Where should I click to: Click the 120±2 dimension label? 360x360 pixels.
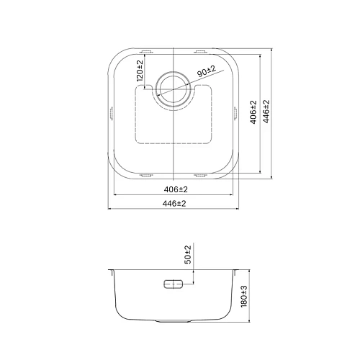[x=140, y=72]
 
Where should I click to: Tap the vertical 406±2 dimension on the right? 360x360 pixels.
[x=254, y=113]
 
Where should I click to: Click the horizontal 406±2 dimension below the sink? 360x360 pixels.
[x=175, y=189]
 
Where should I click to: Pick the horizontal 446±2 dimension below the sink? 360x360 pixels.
[x=175, y=204]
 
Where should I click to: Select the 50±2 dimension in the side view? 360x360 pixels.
[x=188, y=254]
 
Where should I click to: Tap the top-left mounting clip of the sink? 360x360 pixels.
[x=146, y=51]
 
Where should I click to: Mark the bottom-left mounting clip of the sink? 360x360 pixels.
[x=146, y=174]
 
